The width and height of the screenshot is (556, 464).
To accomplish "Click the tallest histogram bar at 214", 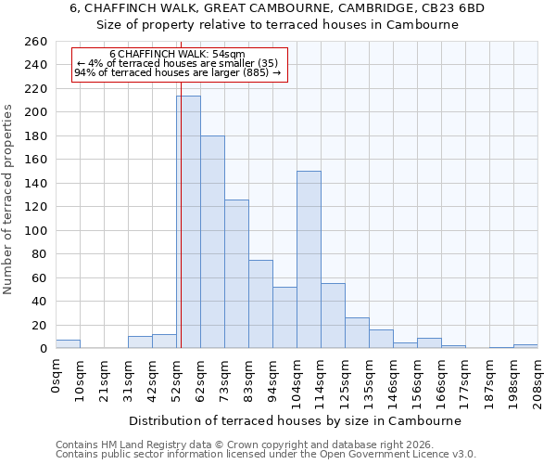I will (188, 223).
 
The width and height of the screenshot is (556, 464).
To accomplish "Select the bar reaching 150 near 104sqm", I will (309, 260).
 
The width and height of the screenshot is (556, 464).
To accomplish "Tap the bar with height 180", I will (212, 242).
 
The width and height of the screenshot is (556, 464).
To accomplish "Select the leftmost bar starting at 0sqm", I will (68, 344).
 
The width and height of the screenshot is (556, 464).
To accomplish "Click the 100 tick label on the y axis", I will (35, 231).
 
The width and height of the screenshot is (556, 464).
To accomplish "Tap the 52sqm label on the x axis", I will (177, 378).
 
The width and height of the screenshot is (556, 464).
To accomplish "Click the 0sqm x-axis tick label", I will (57, 375).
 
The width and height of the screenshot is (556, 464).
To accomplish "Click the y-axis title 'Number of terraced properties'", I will (9, 200).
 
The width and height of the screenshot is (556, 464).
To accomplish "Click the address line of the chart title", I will (277, 8).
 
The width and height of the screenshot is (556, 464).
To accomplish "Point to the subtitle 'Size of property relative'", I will (277, 25).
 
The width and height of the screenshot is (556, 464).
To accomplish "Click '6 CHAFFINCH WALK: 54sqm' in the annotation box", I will (177, 55).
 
